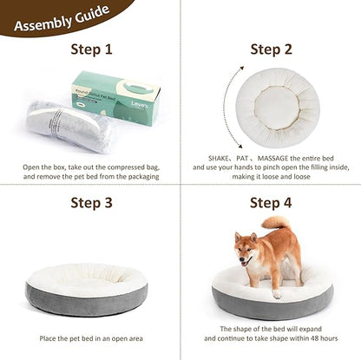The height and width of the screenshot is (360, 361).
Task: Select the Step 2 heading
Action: [x=272, y=49]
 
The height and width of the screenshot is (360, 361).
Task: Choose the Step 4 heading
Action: [x=272, y=204]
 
